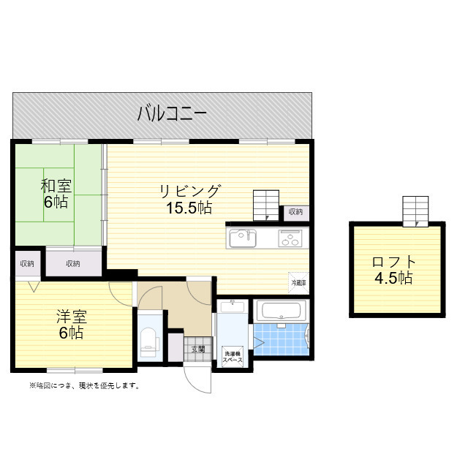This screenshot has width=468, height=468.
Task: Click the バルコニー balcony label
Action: click(172, 113)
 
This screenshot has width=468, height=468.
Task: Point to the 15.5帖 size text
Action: click(189, 208)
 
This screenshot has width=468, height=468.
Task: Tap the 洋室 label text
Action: click(72, 317)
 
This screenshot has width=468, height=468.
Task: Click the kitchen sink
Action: click(243, 238)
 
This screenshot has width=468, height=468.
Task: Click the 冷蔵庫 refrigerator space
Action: click(299, 282)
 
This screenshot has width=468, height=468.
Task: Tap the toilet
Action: click(149, 339)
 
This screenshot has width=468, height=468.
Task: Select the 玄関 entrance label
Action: click(198, 349)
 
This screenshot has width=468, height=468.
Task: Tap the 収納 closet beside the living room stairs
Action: click(295, 212)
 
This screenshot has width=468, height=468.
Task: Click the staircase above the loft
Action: click(415, 211)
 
